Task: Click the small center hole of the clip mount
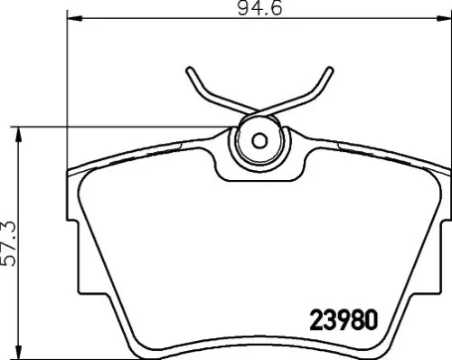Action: [259, 140]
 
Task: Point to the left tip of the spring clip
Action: [191, 71]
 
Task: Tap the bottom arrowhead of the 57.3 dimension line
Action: [21, 355]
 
